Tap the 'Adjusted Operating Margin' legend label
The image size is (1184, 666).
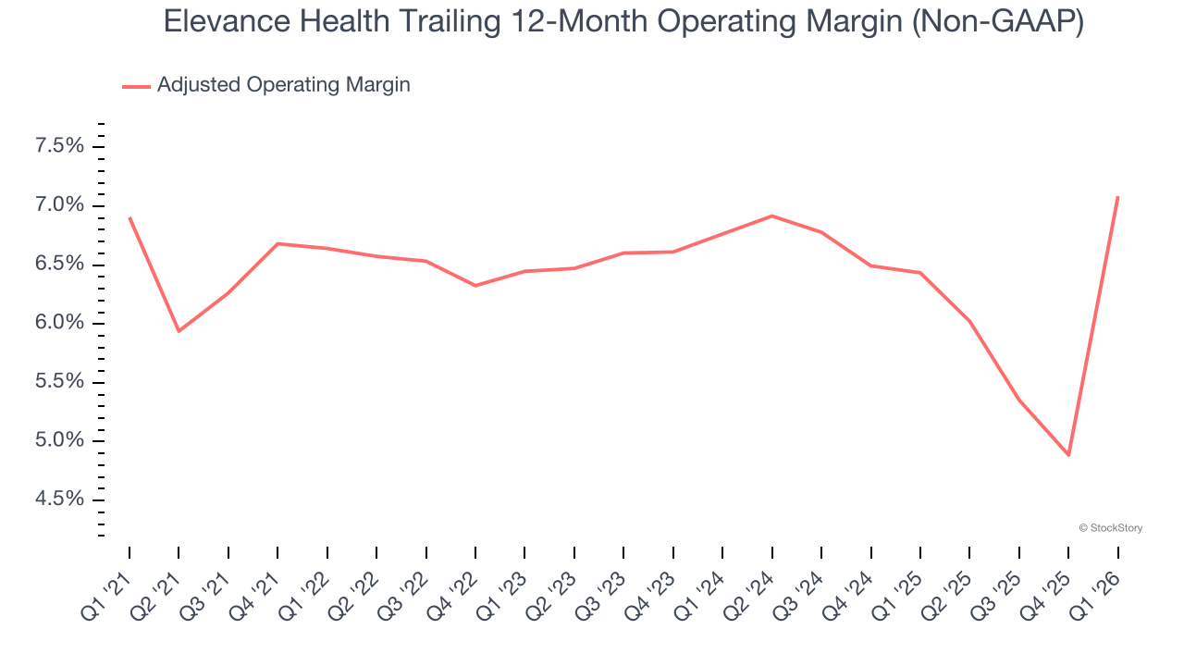pyautogui.click(x=283, y=85)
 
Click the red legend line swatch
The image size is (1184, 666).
pyautogui.click(x=136, y=86)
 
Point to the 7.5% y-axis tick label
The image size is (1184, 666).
pyautogui.click(x=59, y=146)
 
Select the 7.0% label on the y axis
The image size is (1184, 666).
pyautogui.click(x=59, y=205)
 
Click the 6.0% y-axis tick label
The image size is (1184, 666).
pyautogui.click(x=59, y=323)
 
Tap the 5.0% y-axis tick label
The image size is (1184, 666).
pyautogui.click(x=59, y=440)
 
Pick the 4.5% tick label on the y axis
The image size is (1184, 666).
pyautogui.click(x=59, y=499)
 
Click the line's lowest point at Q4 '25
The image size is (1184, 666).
pyautogui.click(x=1068, y=455)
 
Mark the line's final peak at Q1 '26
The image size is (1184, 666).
pyautogui.click(x=1117, y=197)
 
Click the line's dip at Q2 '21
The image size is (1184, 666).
pyautogui.click(x=179, y=331)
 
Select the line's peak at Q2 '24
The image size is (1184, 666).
pyautogui.click(x=771, y=216)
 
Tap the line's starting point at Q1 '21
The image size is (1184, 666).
pyautogui.click(x=129, y=218)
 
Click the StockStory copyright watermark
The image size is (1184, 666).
pyautogui.click(x=1110, y=528)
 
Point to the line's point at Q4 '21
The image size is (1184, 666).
pyautogui.click(x=277, y=243)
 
